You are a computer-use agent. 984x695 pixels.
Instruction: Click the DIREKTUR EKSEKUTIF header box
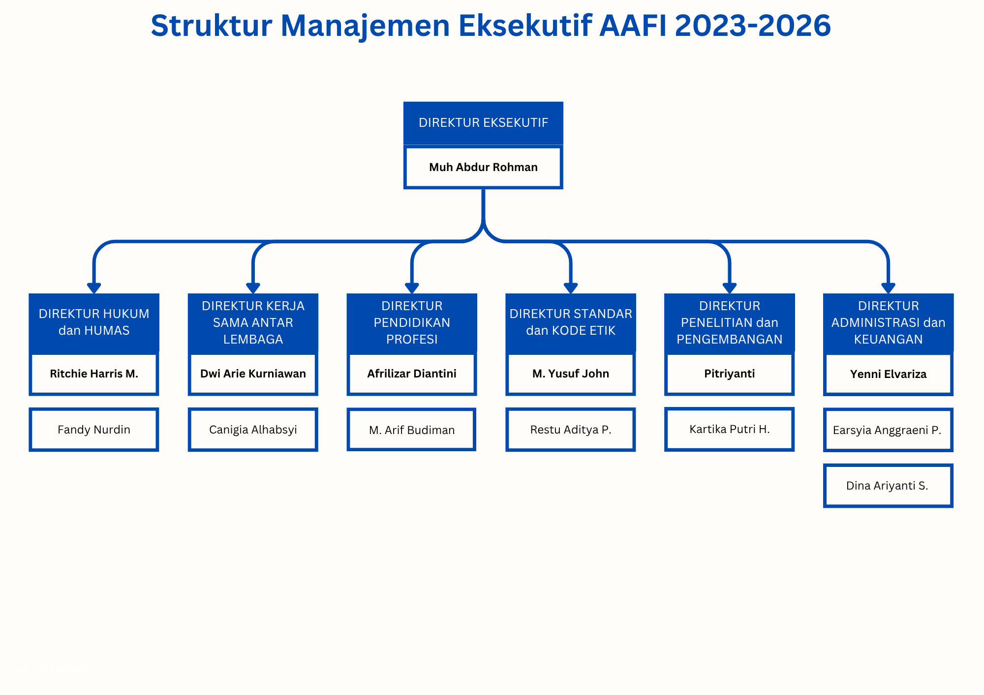click(483, 123)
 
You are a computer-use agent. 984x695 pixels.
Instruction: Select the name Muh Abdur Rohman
click(483, 167)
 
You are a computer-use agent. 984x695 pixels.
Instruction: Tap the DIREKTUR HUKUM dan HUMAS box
click(94, 323)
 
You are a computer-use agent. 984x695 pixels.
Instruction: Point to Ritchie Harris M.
click(94, 374)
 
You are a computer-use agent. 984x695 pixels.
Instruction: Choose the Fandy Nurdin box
click(94, 430)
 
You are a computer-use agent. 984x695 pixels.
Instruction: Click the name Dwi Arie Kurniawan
click(253, 374)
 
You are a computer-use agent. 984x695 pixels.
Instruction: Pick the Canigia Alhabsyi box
click(253, 430)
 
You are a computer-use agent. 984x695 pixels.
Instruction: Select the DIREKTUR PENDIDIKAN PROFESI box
click(412, 323)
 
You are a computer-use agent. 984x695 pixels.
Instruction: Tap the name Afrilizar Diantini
click(412, 374)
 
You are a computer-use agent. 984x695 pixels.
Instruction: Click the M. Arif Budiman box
click(411, 430)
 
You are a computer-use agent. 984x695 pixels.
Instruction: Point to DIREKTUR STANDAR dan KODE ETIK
click(571, 323)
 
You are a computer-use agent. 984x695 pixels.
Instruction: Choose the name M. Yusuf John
click(571, 374)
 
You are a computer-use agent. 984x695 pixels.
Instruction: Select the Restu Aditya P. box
click(571, 430)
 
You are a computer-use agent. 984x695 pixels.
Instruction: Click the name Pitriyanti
click(730, 374)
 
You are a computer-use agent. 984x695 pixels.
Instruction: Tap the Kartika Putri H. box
click(730, 429)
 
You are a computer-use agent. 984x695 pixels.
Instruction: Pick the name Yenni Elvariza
click(889, 374)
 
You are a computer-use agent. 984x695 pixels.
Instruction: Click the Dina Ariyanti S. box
click(889, 486)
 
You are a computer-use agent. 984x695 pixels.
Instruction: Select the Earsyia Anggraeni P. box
click(889, 430)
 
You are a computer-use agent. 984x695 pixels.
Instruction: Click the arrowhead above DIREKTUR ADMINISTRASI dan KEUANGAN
click(889, 288)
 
